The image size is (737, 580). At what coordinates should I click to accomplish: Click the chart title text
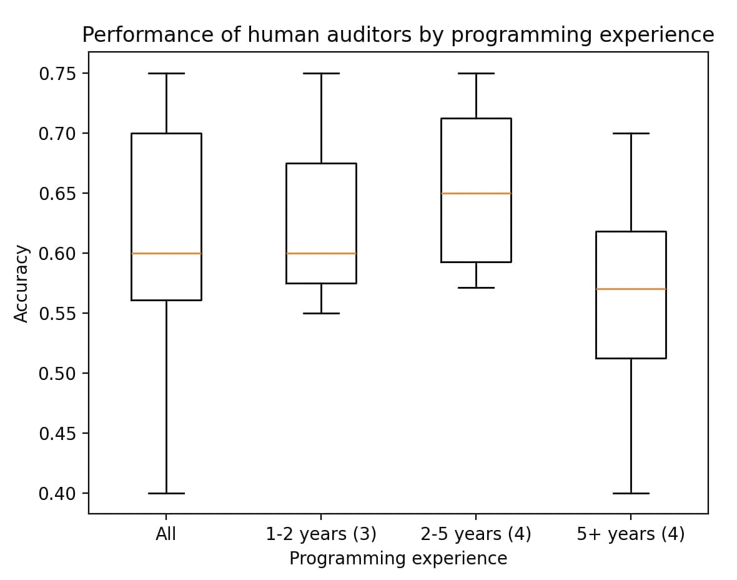pyautogui.click(x=398, y=35)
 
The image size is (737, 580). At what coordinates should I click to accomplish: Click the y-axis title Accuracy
pyautogui.click(x=22, y=283)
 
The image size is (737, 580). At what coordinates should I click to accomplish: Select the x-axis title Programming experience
pyautogui.click(x=398, y=558)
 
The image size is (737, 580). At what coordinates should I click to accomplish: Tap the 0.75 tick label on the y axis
pyautogui.click(x=57, y=74)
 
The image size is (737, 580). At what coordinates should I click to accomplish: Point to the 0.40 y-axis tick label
pyautogui.click(x=57, y=494)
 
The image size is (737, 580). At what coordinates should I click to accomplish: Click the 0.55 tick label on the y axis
pyautogui.click(x=57, y=314)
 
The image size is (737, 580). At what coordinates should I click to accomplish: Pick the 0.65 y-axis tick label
pyautogui.click(x=57, y=194)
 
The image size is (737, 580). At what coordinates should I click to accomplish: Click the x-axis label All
pyautogui.click(x=166, y=534)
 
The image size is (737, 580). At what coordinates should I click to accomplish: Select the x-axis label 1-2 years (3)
pyautogui.click(x=321, y=534)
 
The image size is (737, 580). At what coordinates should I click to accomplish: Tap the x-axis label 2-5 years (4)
pyautogui.click(x=476, y=534)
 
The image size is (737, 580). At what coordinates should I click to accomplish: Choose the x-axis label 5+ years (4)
pyautogui.click(x=631, y=534)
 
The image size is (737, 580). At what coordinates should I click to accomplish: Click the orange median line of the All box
pyautogui.click(x=166, y=253)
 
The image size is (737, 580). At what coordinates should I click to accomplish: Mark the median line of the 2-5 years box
pyautogui.click(x=476, y=193)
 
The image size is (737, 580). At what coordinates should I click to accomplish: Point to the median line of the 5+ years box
pyautogui.click(x=631, y=289)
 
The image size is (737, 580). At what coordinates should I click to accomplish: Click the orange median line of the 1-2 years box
pyautogui.click(x=321, y=253)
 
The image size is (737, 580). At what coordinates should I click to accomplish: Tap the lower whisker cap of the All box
pyautogui.click(x=166, y=493)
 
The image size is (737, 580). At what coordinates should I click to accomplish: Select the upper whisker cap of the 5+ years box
pyautogui.click(x=631, y=133)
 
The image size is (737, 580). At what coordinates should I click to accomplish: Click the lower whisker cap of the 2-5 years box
pyautogui.click(x=476, y=287)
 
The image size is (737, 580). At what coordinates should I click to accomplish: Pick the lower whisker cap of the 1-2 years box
pyautogui.click(x=321, y=313)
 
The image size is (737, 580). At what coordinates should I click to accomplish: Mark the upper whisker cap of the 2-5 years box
pyautogui.click(x=476, y=73)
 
